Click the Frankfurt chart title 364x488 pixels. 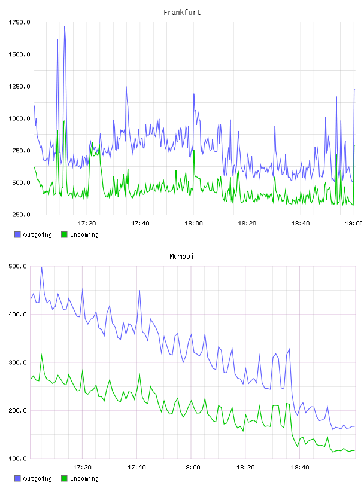[182, 13]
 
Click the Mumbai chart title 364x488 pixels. [181, 257]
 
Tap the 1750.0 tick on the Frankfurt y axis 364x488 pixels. [19, 22]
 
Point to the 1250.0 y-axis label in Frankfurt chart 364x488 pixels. [19, 86]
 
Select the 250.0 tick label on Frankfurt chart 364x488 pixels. [21, 215]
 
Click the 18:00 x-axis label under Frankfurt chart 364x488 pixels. [193, 223]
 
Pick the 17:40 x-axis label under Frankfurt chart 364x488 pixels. [140, 223]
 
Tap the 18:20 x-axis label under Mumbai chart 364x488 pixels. [245, 467]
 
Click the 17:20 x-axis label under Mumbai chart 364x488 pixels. [82, 467]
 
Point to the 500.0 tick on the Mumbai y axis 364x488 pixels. [18, 266]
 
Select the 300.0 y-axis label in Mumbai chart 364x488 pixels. [18, 362]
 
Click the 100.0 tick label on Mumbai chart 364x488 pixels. [18, 459]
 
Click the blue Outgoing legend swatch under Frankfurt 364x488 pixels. [17, 234]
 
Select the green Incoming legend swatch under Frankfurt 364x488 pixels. [64, 234]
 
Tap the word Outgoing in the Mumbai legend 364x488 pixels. [37, 478]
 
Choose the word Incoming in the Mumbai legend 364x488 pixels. [84, 478]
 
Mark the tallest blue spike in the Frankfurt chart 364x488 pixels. [65, 26]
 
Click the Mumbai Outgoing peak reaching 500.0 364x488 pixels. [41, 267]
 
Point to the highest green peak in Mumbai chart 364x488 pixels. [41, 355]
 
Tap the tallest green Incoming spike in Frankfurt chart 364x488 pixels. [64, 121]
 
